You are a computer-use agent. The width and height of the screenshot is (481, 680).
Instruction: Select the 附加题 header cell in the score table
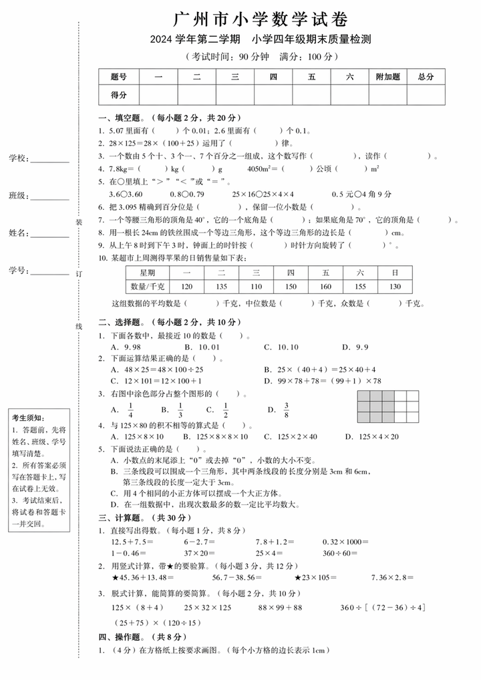click(x=387, y=77)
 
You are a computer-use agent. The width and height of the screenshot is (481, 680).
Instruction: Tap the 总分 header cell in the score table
click(x=426, y=77)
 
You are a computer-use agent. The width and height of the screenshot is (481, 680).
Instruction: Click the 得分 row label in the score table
click(x=119, y=96)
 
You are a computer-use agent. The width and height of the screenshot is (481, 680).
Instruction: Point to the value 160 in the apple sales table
click(x=325, y=287)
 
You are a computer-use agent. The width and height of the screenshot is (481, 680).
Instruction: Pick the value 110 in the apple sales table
click(x=256, y=287)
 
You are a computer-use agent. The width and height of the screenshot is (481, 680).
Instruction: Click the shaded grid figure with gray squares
click(x=387, y=407)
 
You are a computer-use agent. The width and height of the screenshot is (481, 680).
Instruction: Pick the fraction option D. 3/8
click(x=279, y=409)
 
